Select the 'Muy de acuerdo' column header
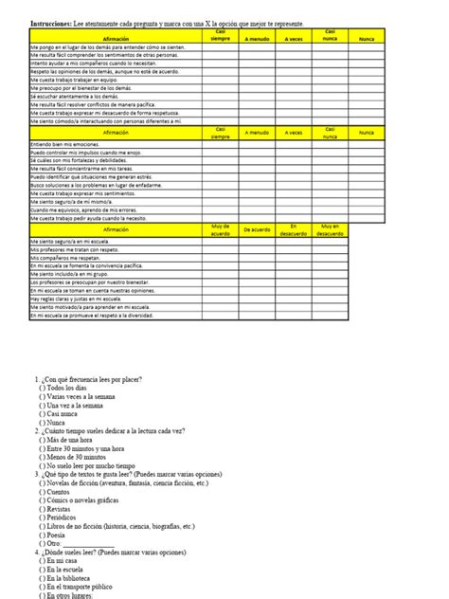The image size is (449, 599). click(x=220, y=229)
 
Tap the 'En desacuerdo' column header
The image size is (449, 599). click(x=295, y=229)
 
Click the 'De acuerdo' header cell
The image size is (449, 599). click(x=258, y=230)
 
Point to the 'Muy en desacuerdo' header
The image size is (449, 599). click(x=331, y=229)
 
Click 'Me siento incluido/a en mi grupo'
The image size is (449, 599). click(x=71, y=274)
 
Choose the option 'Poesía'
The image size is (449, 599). click(x=57, y=534)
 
